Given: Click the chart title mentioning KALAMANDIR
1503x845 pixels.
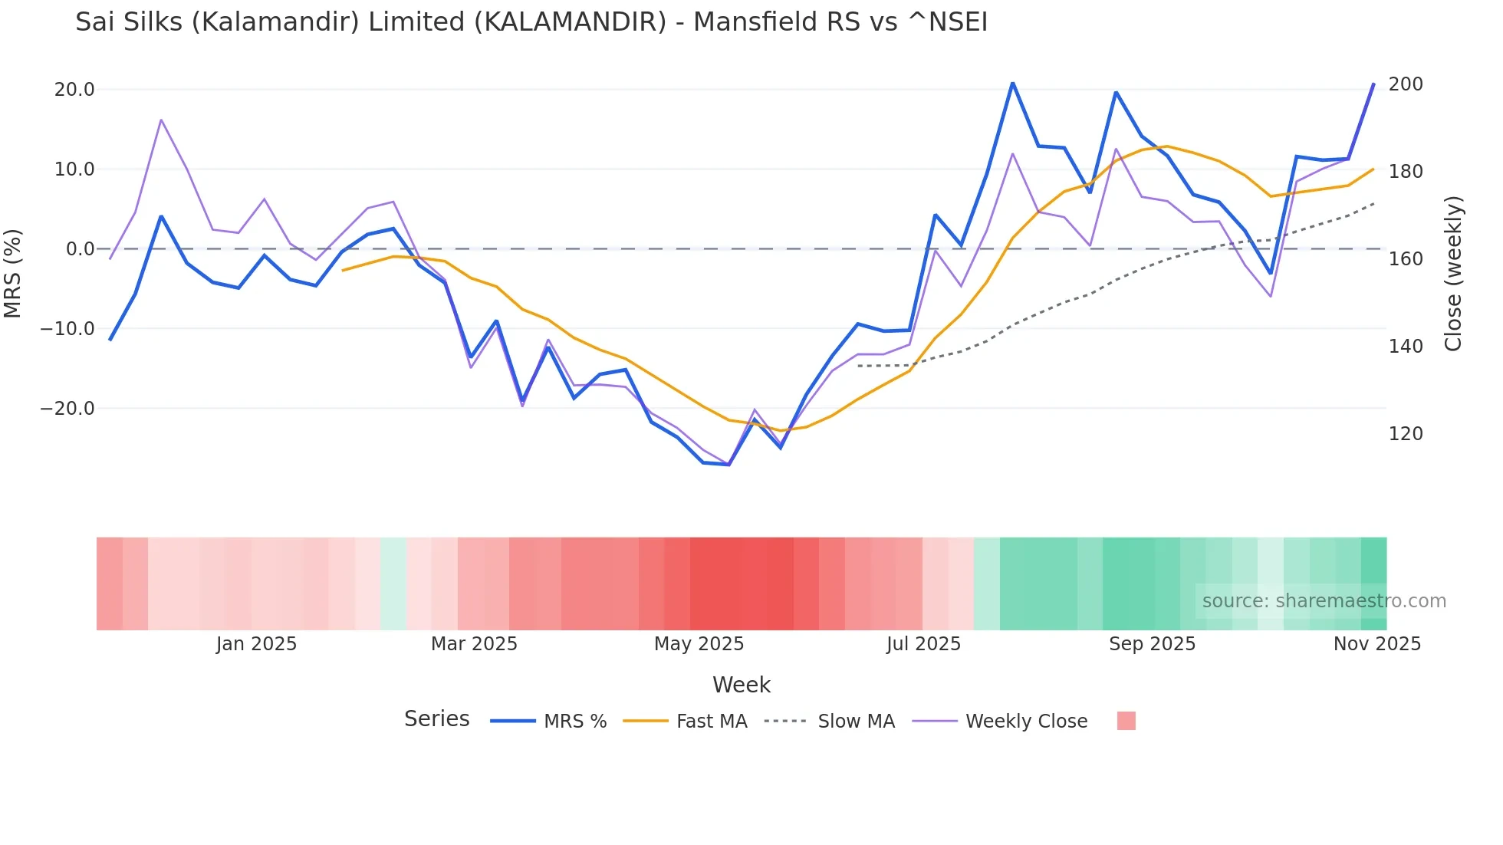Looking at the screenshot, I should [x=531, y=22].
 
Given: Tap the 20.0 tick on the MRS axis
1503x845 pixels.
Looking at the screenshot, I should [x=74, y=90].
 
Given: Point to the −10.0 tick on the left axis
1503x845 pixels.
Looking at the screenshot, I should [x=67, y=329].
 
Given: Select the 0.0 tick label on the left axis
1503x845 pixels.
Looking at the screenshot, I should [x=80, y=249].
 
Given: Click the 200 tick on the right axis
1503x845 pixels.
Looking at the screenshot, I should [x=1405, y=84].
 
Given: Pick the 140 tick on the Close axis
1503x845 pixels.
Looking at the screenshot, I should [x=1405, y=347].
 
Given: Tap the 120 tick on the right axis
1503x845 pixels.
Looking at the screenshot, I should [x=1405, y=434].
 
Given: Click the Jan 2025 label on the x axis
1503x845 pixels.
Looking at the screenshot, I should [x=256, y=644].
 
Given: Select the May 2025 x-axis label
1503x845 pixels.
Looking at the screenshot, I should [x=699, y=644].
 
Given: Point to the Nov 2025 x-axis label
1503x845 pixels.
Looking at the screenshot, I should [x=1376, y=644].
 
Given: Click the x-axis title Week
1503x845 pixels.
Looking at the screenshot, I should [x=741, y=685].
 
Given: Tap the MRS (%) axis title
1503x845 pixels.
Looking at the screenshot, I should [x=13, y=273].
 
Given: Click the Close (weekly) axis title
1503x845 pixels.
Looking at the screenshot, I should [x=1453, y=273].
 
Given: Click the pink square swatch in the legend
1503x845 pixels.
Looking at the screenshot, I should [x=1126, y=721].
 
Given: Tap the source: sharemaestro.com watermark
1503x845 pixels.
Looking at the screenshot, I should [x=1324, y=601].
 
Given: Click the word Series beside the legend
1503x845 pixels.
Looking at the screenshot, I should [x=436, y=719].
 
